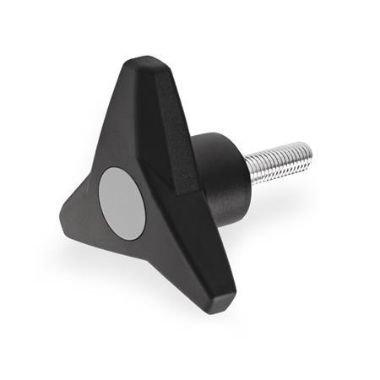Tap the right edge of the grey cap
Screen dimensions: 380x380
(x=145, y=203)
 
